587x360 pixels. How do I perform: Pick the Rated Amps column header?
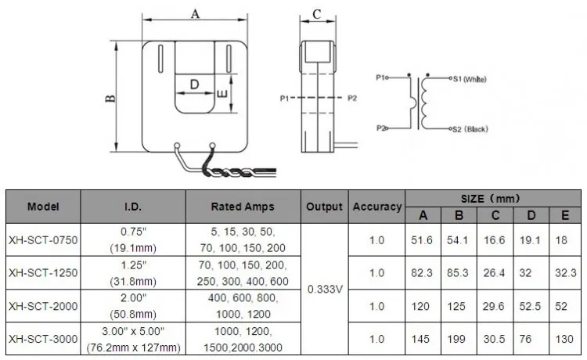[243, 207]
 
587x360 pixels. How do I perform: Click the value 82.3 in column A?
[423, 273]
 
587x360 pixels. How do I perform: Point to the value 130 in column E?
[564, 339]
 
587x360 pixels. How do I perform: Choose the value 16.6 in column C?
[495, 240]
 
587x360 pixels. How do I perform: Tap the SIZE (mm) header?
[492, 199]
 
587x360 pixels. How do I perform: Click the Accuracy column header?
[377, 207]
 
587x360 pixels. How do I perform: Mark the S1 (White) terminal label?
[470, 79]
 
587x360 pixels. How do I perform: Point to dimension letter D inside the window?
[194, 83]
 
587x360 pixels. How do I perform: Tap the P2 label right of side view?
[351, 98]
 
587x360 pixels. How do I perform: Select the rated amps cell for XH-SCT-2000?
[243, 306]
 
